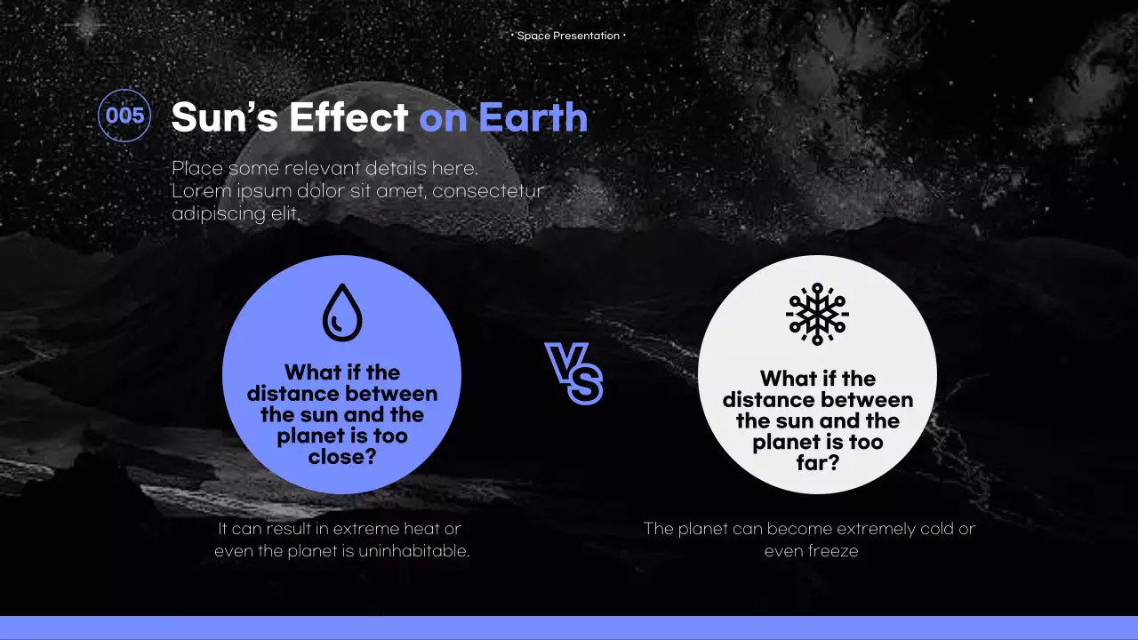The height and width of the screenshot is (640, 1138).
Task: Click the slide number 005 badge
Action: (124, 116)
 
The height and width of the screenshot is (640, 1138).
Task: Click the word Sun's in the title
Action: (225, 117)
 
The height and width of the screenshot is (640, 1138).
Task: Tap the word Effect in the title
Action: (349, 116)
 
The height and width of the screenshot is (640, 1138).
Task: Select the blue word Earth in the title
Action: (533, 116)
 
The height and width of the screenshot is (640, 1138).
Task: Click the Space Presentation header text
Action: (568, 36)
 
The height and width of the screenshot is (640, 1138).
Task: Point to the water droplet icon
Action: (342, 312)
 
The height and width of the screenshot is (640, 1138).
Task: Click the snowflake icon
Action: (817, 314)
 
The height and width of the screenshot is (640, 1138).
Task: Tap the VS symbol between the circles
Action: (573, 373)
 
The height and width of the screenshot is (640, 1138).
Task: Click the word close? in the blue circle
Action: (342, 457)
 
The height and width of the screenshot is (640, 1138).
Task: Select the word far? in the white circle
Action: (818, 463)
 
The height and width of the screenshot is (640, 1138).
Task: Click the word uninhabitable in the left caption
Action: (413, 550)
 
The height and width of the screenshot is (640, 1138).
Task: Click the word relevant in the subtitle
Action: (322, 168)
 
